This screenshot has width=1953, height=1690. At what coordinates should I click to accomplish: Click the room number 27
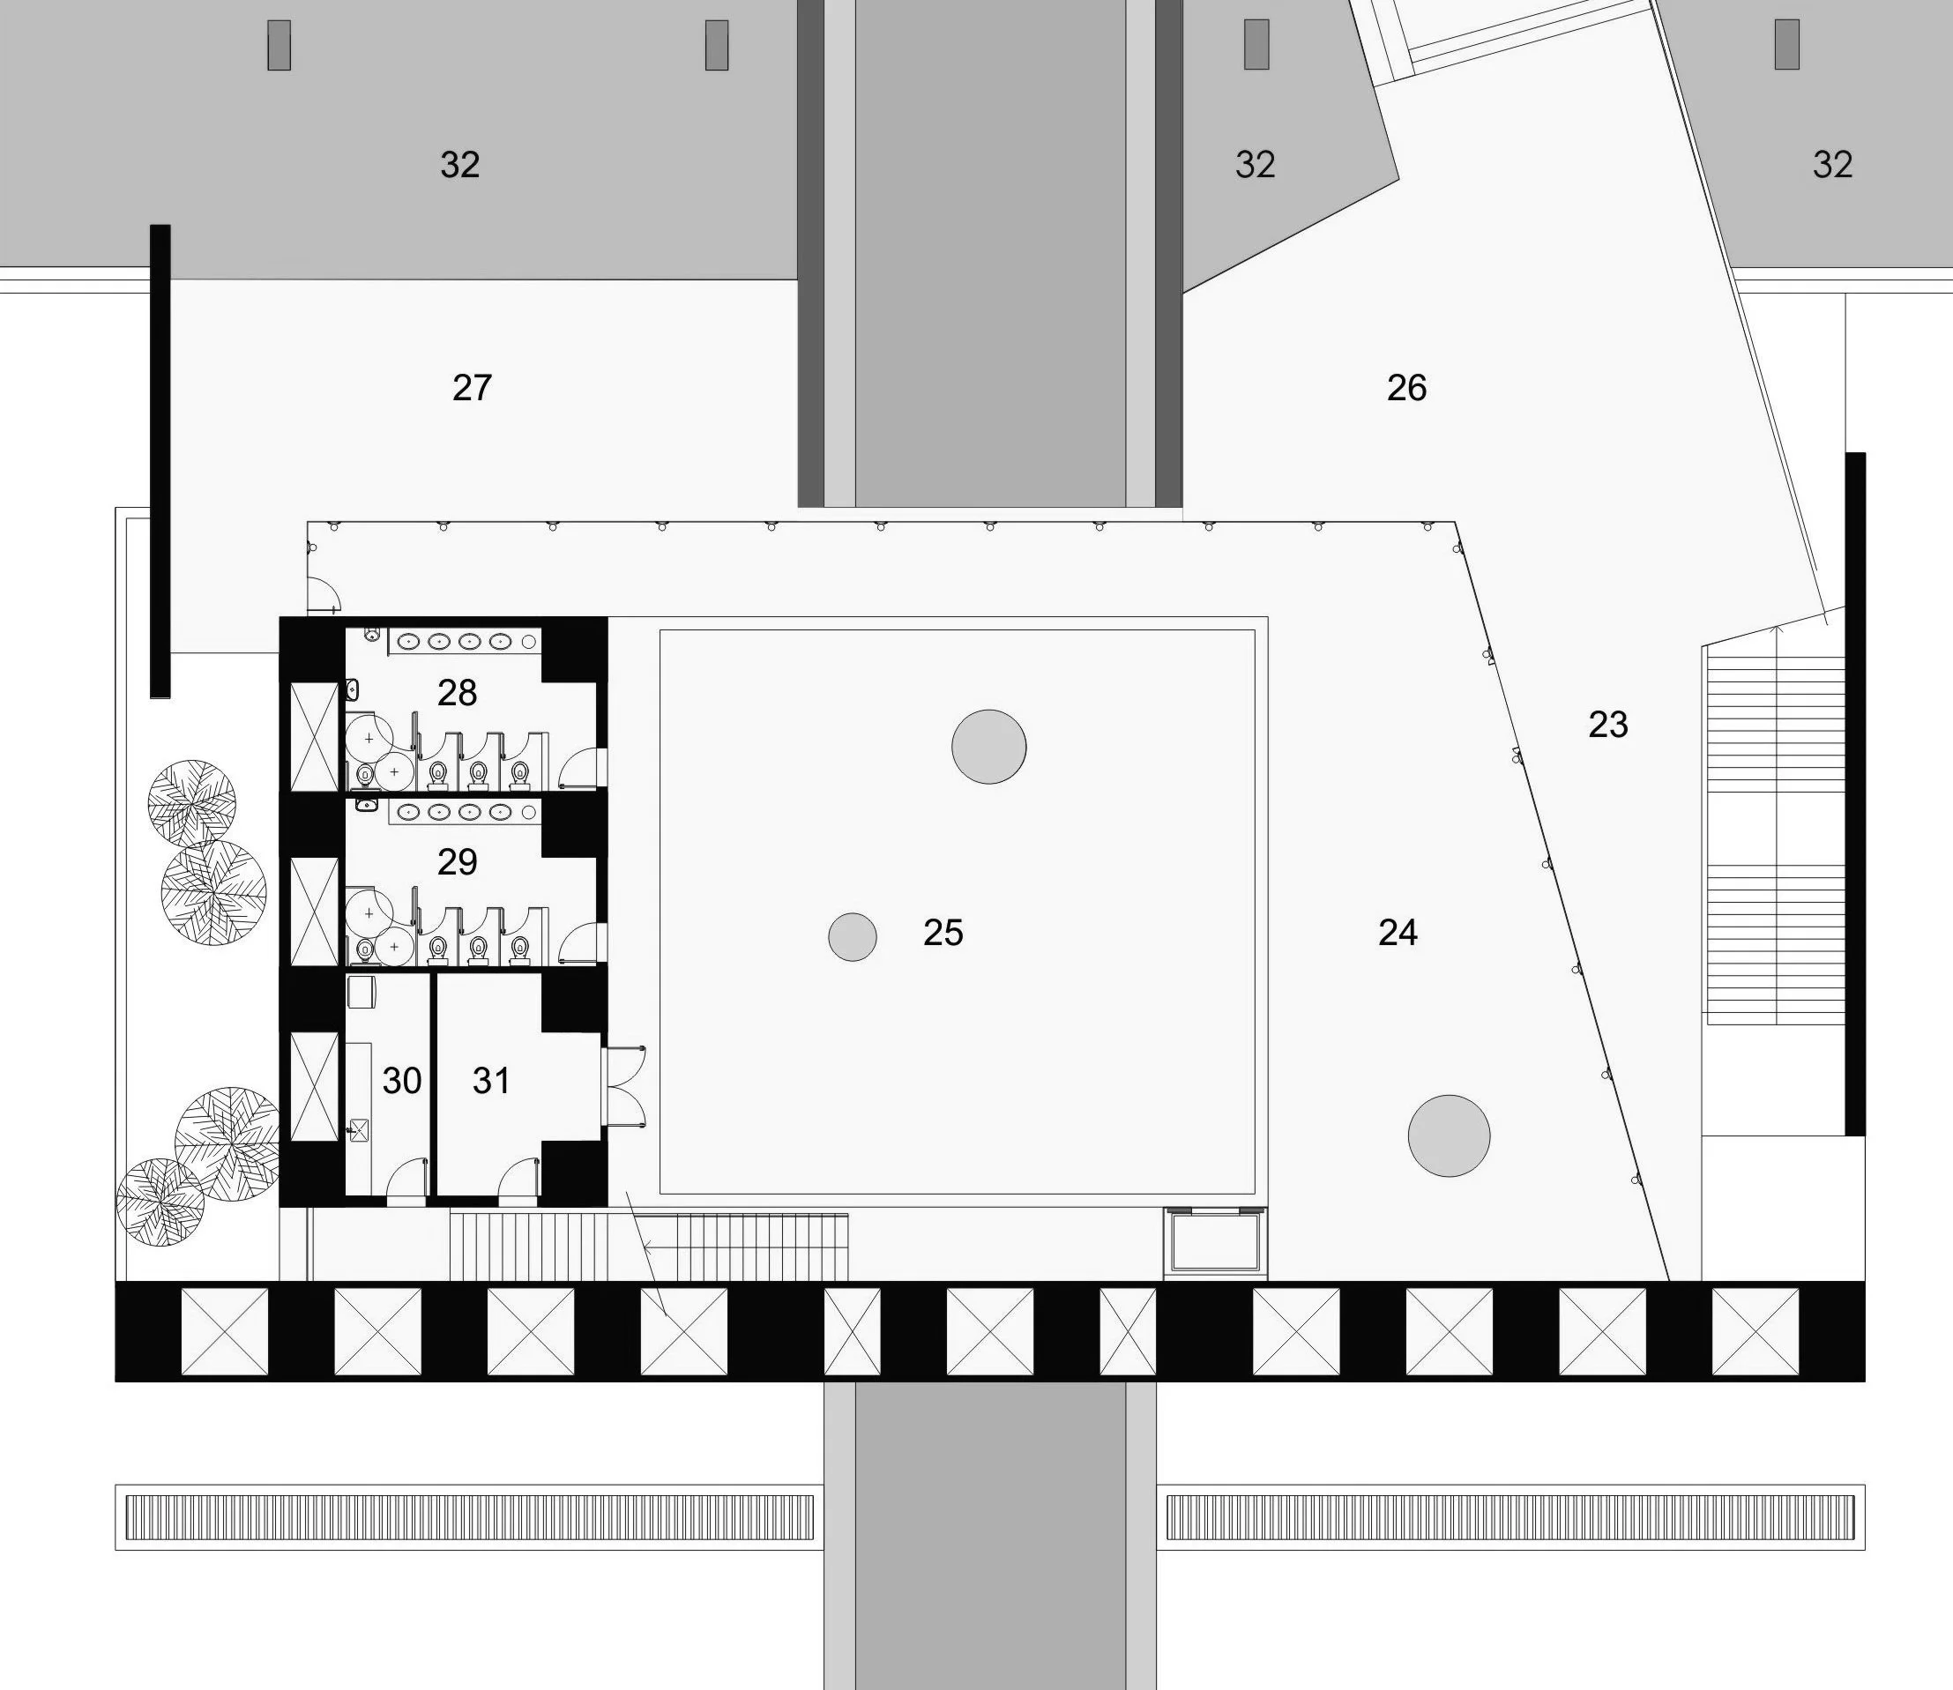pos(472,388)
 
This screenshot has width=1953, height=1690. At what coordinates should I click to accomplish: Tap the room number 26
pos(1406,388)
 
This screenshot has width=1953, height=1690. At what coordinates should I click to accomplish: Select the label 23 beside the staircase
pos(1608,725)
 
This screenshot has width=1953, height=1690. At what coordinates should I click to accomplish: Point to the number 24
pos(1398,933)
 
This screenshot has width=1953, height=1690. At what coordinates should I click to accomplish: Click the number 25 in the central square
pos(943,933)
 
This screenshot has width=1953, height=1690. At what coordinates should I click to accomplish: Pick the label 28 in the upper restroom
pos(458,693)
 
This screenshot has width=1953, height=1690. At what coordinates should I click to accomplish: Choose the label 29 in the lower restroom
pos(458,862)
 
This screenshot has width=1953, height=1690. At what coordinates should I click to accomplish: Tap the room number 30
pos(402,1081)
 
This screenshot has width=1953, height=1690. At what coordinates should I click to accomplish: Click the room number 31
pos(491,1081)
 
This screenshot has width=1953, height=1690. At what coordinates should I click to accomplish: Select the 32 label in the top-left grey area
pos(460,165)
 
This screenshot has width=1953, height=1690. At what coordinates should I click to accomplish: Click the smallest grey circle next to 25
pos(853,936)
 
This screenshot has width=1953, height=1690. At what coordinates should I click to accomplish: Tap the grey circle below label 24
pos(1449,1135)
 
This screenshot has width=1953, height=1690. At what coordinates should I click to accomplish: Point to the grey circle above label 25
pos(988,746)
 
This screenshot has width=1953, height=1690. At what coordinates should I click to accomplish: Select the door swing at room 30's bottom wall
pos(406,1180)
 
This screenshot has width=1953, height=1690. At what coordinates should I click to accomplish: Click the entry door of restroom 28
pos(581,767)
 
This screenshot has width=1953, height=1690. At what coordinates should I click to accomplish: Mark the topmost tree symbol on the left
pos(192,803)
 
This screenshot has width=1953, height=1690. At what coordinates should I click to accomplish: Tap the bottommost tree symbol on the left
pos(160,1202)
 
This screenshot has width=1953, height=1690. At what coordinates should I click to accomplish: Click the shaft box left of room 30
pos(314,1086)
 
